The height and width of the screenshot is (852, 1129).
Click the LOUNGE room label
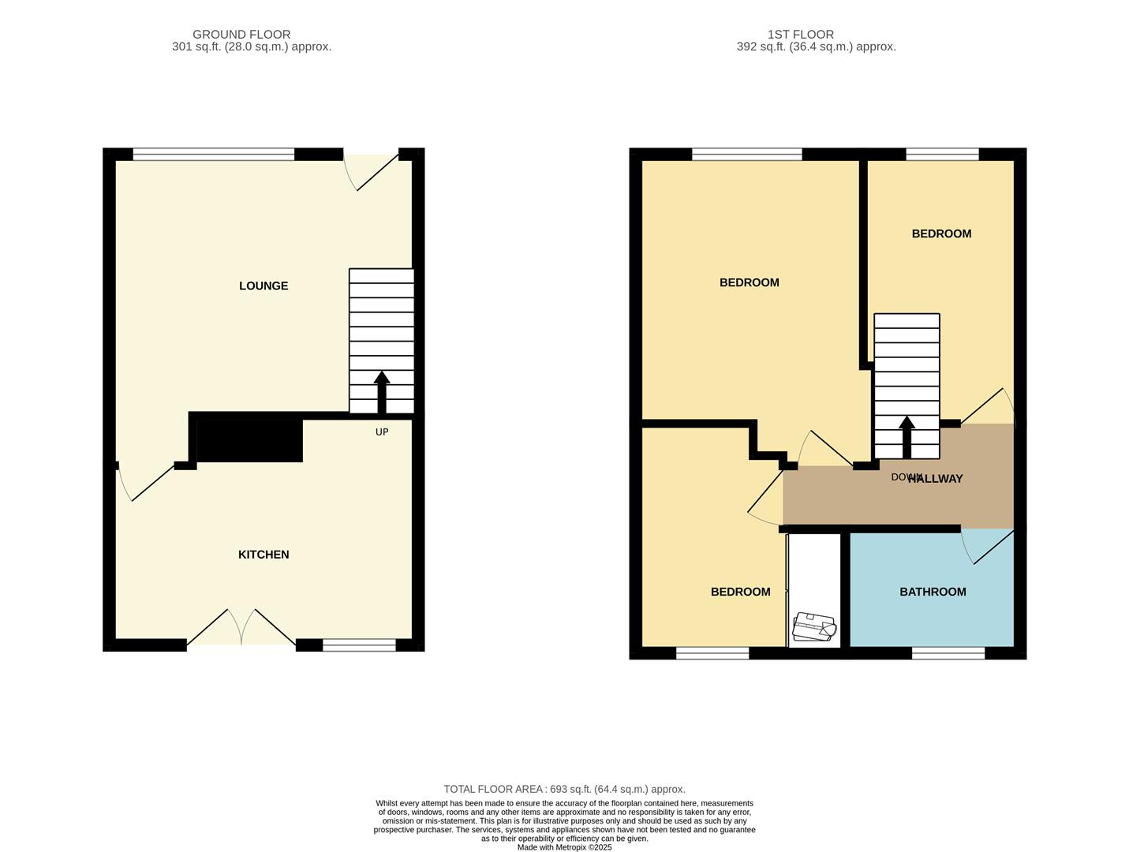click(x=264, y=286)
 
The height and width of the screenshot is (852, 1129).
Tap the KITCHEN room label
click(x=264, y=555)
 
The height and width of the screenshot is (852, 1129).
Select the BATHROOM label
click(x=933, y=592)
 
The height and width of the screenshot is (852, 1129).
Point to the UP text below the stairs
click(x=382, y=432)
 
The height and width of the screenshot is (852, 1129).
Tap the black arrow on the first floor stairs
click(x=907, y=436)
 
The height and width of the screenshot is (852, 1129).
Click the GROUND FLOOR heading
click(x=241, y=34)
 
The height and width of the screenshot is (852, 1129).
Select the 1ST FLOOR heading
click(x=800, y=34)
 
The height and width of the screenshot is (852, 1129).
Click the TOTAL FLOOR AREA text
click(x=564, y=789)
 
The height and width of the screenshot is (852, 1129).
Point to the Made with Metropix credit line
click(x=564, y=847)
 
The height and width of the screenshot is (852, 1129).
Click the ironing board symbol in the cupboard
click(x=814, y=627)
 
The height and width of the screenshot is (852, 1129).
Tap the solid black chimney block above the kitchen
click(x=249, y=439)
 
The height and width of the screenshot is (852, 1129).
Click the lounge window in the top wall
click(x=213, y=154)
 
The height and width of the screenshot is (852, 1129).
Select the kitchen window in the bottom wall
click(x=359, y=645)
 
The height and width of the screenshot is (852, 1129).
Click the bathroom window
click(x=948, y=652)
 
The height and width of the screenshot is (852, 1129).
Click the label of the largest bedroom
click(x=749, y=282)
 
